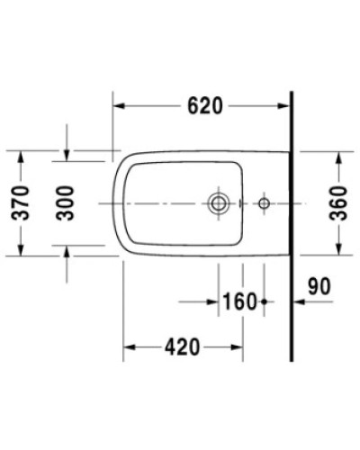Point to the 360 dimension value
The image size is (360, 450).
(x=338, y=203)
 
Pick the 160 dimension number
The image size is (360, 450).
(x=240, y=301)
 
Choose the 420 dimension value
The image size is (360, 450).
(x=183, y=345)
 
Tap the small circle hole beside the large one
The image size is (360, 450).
(x=263, y=203)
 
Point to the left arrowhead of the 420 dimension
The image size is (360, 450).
(x=129, y=346)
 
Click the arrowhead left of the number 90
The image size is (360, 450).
(x=300, y=302)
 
